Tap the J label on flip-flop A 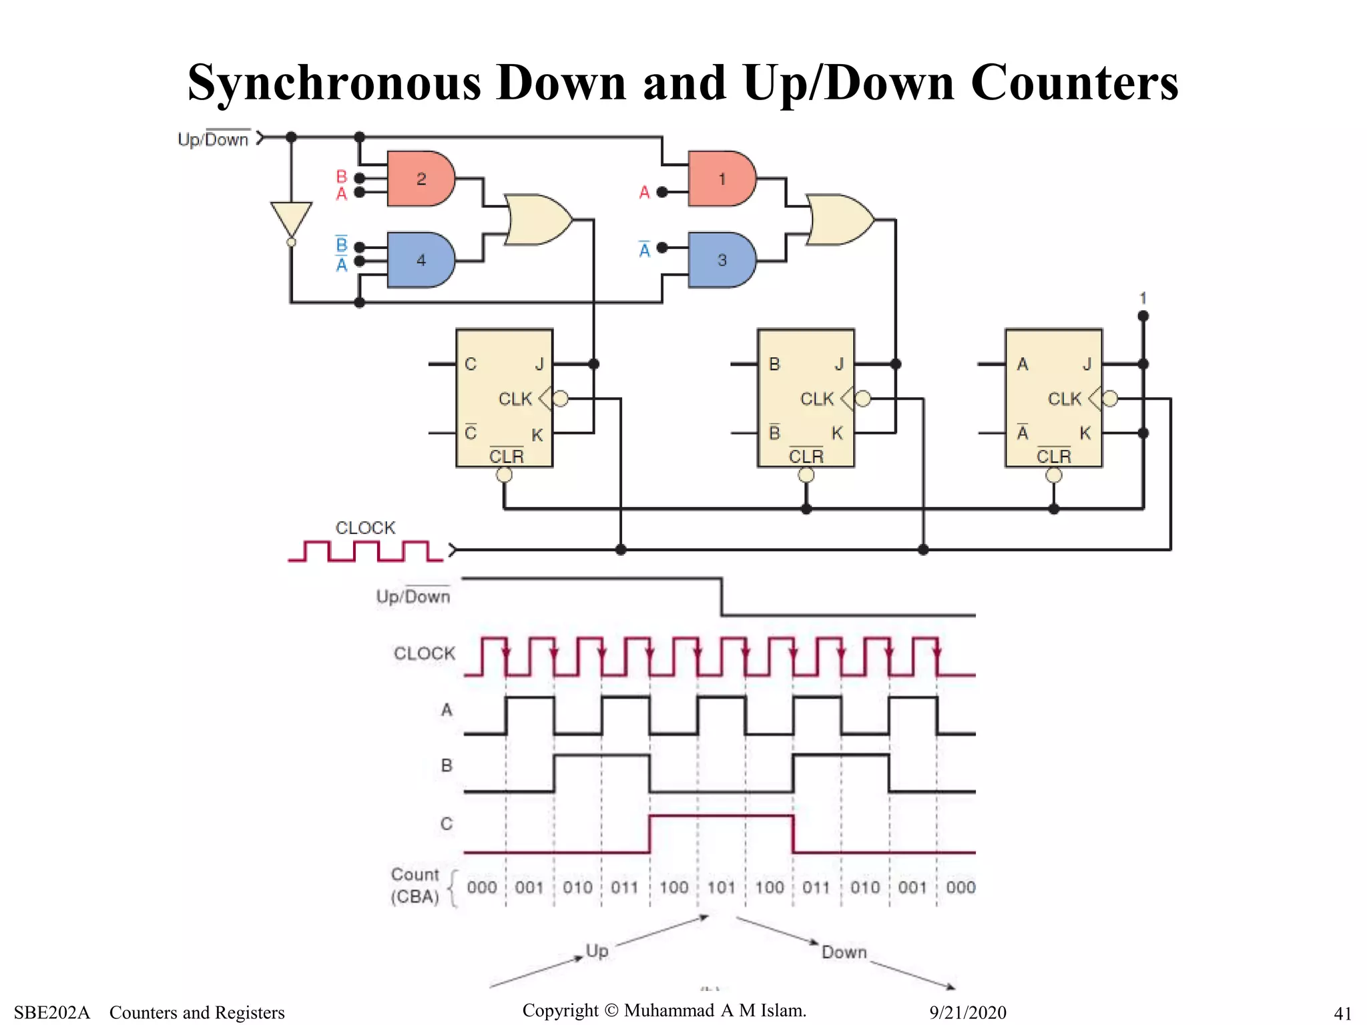tap(1087, 364)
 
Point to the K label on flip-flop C tap(537, 435)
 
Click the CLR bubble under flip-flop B tap(806, 475)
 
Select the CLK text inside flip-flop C tap(515, 399)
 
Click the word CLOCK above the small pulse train tap(365, 528)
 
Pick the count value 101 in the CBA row tap(721, 888)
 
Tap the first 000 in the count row tap(482, 888)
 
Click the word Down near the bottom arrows tap(844, 952)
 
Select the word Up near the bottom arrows tap(597, 950)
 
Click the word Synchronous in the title tap(334, 83)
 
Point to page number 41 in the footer tap(1342, 1013)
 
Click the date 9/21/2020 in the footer tap(967, 1012)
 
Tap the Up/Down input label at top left tap(213, 139)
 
